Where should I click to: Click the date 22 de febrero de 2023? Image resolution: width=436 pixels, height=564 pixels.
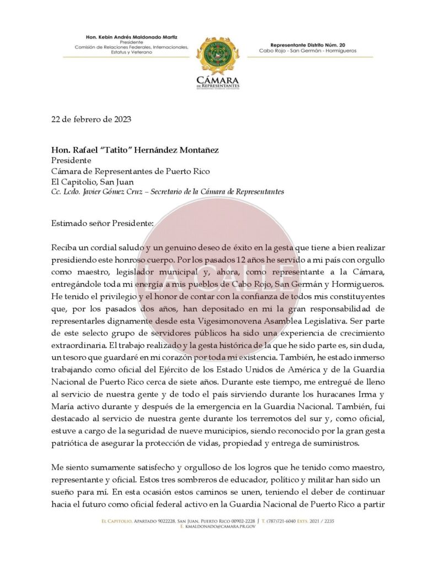click(83, 120)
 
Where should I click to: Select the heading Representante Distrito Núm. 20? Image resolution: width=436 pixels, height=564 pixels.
click(308, 45)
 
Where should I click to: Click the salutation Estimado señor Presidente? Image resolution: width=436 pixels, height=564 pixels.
click(95, 223)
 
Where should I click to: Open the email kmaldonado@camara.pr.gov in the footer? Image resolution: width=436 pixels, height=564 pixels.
click(221, 527)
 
